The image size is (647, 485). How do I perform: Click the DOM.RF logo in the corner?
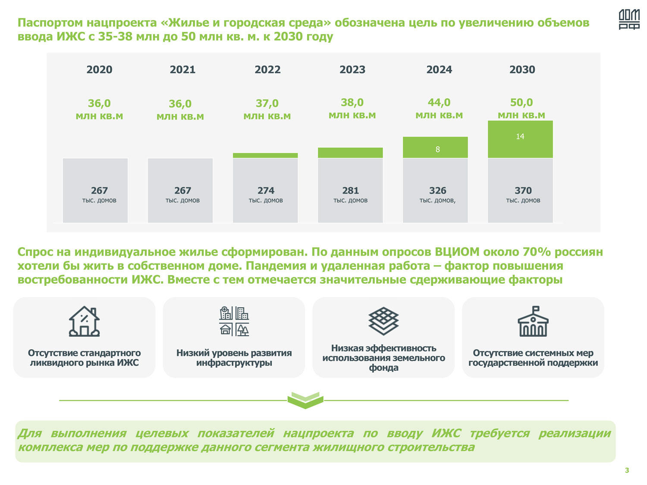point(629,19)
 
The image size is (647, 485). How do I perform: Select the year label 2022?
point(267,70)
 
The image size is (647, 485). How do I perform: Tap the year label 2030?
point(522,70)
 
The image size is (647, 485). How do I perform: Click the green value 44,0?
point(439,103)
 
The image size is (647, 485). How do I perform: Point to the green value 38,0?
point(352,103)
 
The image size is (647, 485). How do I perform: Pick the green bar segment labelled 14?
point(520,139)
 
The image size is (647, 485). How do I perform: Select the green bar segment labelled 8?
point(435,147)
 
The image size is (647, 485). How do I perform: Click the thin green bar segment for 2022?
point(265,155)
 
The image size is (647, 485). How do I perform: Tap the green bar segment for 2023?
point(350,153)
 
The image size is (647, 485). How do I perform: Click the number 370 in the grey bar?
point(523,191)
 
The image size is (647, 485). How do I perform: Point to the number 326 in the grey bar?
point(437,191)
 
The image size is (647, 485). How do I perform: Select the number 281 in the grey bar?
point(350,191)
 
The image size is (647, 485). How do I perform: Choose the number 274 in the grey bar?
point(266,191)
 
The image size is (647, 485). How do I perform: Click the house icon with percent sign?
point(85,322)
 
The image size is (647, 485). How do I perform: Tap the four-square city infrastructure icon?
point(234,322)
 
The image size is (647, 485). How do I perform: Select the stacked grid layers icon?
point(383,321)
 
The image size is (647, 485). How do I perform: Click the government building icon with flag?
point(533,322)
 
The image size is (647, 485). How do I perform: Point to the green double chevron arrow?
point(305,400)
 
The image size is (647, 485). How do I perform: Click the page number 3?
point(627,470)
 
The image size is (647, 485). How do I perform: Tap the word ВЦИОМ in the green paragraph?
point(457,252)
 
